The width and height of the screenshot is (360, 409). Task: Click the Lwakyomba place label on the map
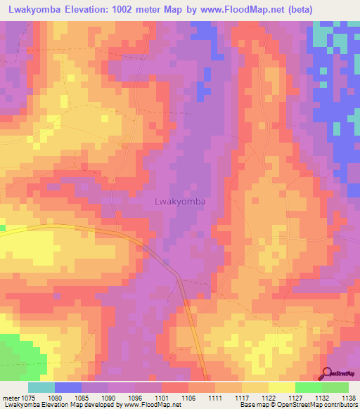pos(179,202)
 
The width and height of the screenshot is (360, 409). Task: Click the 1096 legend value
pos(136,397)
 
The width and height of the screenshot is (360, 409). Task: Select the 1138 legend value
pos(347,397)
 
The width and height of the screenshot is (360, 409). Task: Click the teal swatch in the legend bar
pos(41,387)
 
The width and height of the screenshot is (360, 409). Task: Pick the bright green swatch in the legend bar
pos(308,387)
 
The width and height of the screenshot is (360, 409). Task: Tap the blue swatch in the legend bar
pos(68,387)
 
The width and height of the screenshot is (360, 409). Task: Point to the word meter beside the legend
pos(11,397)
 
